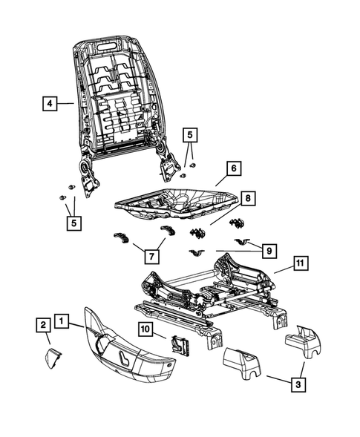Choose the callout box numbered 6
[x=232, y=169]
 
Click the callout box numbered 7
[x=150, y=256]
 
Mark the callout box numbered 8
[x=247, y=199]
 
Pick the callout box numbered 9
[x=269, y=251]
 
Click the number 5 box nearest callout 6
[x=191, y=134]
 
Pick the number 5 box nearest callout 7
[x=73, y=221]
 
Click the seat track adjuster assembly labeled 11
[x=215, y=297]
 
